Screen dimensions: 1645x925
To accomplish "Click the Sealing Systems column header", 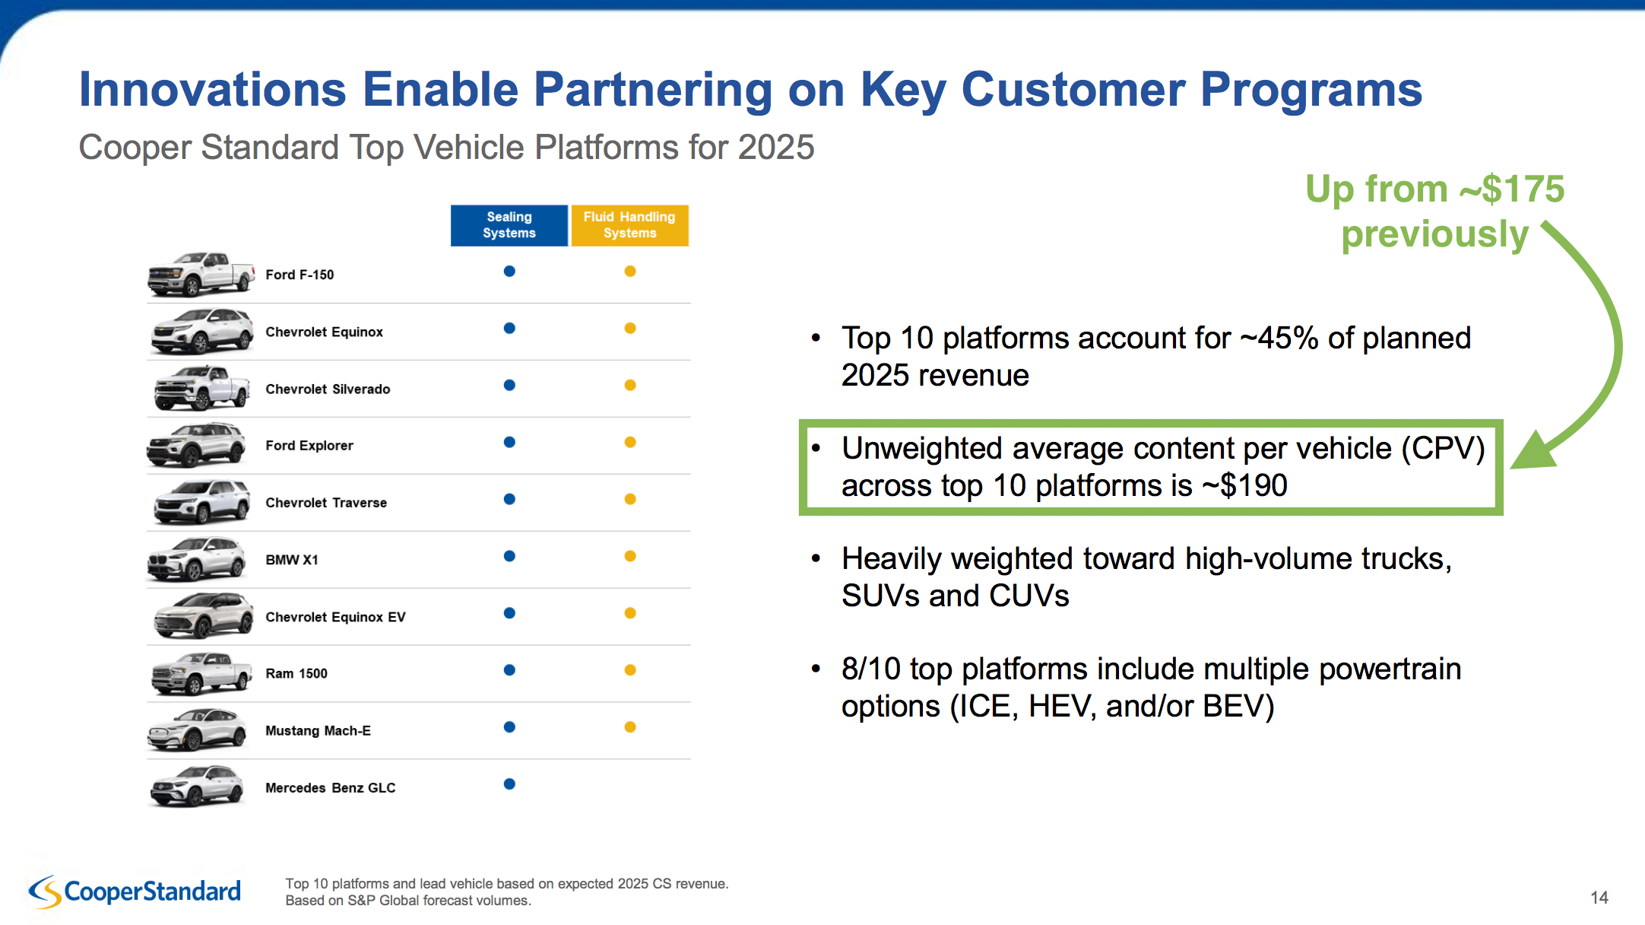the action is (509, 225).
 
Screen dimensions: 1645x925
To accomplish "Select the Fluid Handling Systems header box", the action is (629, 225).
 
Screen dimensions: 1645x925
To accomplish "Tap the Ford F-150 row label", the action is (300, 275).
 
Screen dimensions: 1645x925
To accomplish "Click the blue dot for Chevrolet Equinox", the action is (509, 328).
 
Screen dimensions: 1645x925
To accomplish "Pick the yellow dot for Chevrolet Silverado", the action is (630, 385).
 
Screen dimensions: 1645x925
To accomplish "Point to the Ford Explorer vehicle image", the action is (196, 444).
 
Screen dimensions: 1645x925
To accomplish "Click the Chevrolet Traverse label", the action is (326, 503).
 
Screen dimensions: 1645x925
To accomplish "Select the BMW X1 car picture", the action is (196, 558).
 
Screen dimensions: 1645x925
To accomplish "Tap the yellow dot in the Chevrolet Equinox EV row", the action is (630, 613).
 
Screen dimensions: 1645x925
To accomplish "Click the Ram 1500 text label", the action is (296, 673).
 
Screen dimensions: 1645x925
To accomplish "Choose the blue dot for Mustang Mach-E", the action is (509, 726).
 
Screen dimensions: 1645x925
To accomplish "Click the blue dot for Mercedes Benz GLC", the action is (509, 784).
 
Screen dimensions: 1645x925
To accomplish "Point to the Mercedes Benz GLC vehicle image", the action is (196, 786).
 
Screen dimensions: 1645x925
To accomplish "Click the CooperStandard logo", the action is (135, 891).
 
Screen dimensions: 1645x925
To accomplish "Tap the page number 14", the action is (1599, 898).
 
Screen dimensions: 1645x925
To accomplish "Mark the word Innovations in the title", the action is (214, 89).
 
